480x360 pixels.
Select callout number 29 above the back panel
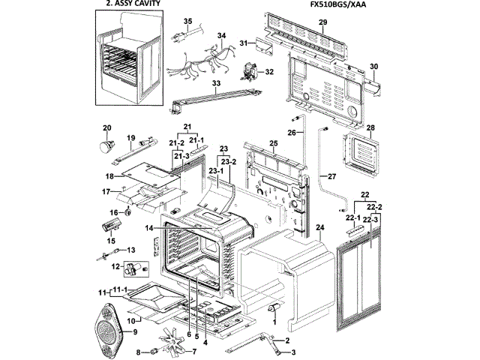point(322,23)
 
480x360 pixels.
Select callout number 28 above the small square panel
point(370,127)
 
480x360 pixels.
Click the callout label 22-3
point(374,217)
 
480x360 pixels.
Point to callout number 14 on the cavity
point(149,227)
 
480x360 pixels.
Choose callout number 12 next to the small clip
point(115,266)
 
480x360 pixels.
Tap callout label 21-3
point(179,155)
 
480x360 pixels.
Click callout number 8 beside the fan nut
point(139,352)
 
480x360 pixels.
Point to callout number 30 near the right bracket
point(373,67)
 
